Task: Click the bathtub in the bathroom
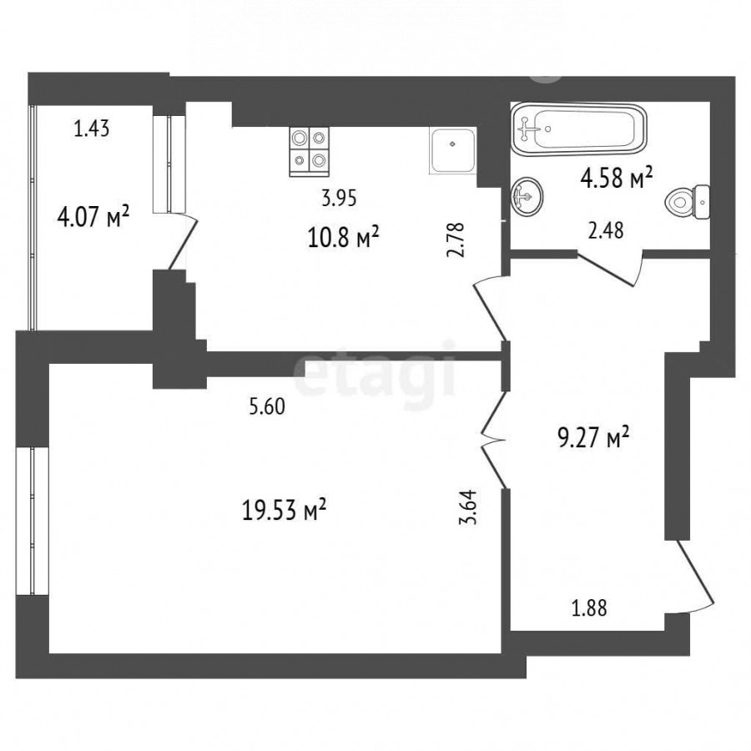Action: click(578, 129)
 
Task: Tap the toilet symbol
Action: click(688, 202)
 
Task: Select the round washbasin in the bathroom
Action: click(527, 196)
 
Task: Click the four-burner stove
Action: click(310, 152)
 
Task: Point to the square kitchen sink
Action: click(452, 150)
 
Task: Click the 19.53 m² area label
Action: click(284, 510)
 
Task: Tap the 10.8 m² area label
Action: click(344, 237)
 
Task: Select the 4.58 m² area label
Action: click(617, 178)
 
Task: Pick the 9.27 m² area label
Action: click(593, 438)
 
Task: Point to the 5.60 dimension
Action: click(267, 406)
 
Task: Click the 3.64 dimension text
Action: click(468, 507)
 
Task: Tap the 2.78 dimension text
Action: click(456, 240)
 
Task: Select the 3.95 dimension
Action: click(339, 198)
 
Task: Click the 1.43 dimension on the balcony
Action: click(92, 129)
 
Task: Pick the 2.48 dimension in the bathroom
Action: click(606, 231)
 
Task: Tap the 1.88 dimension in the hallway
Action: click(589, 608)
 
